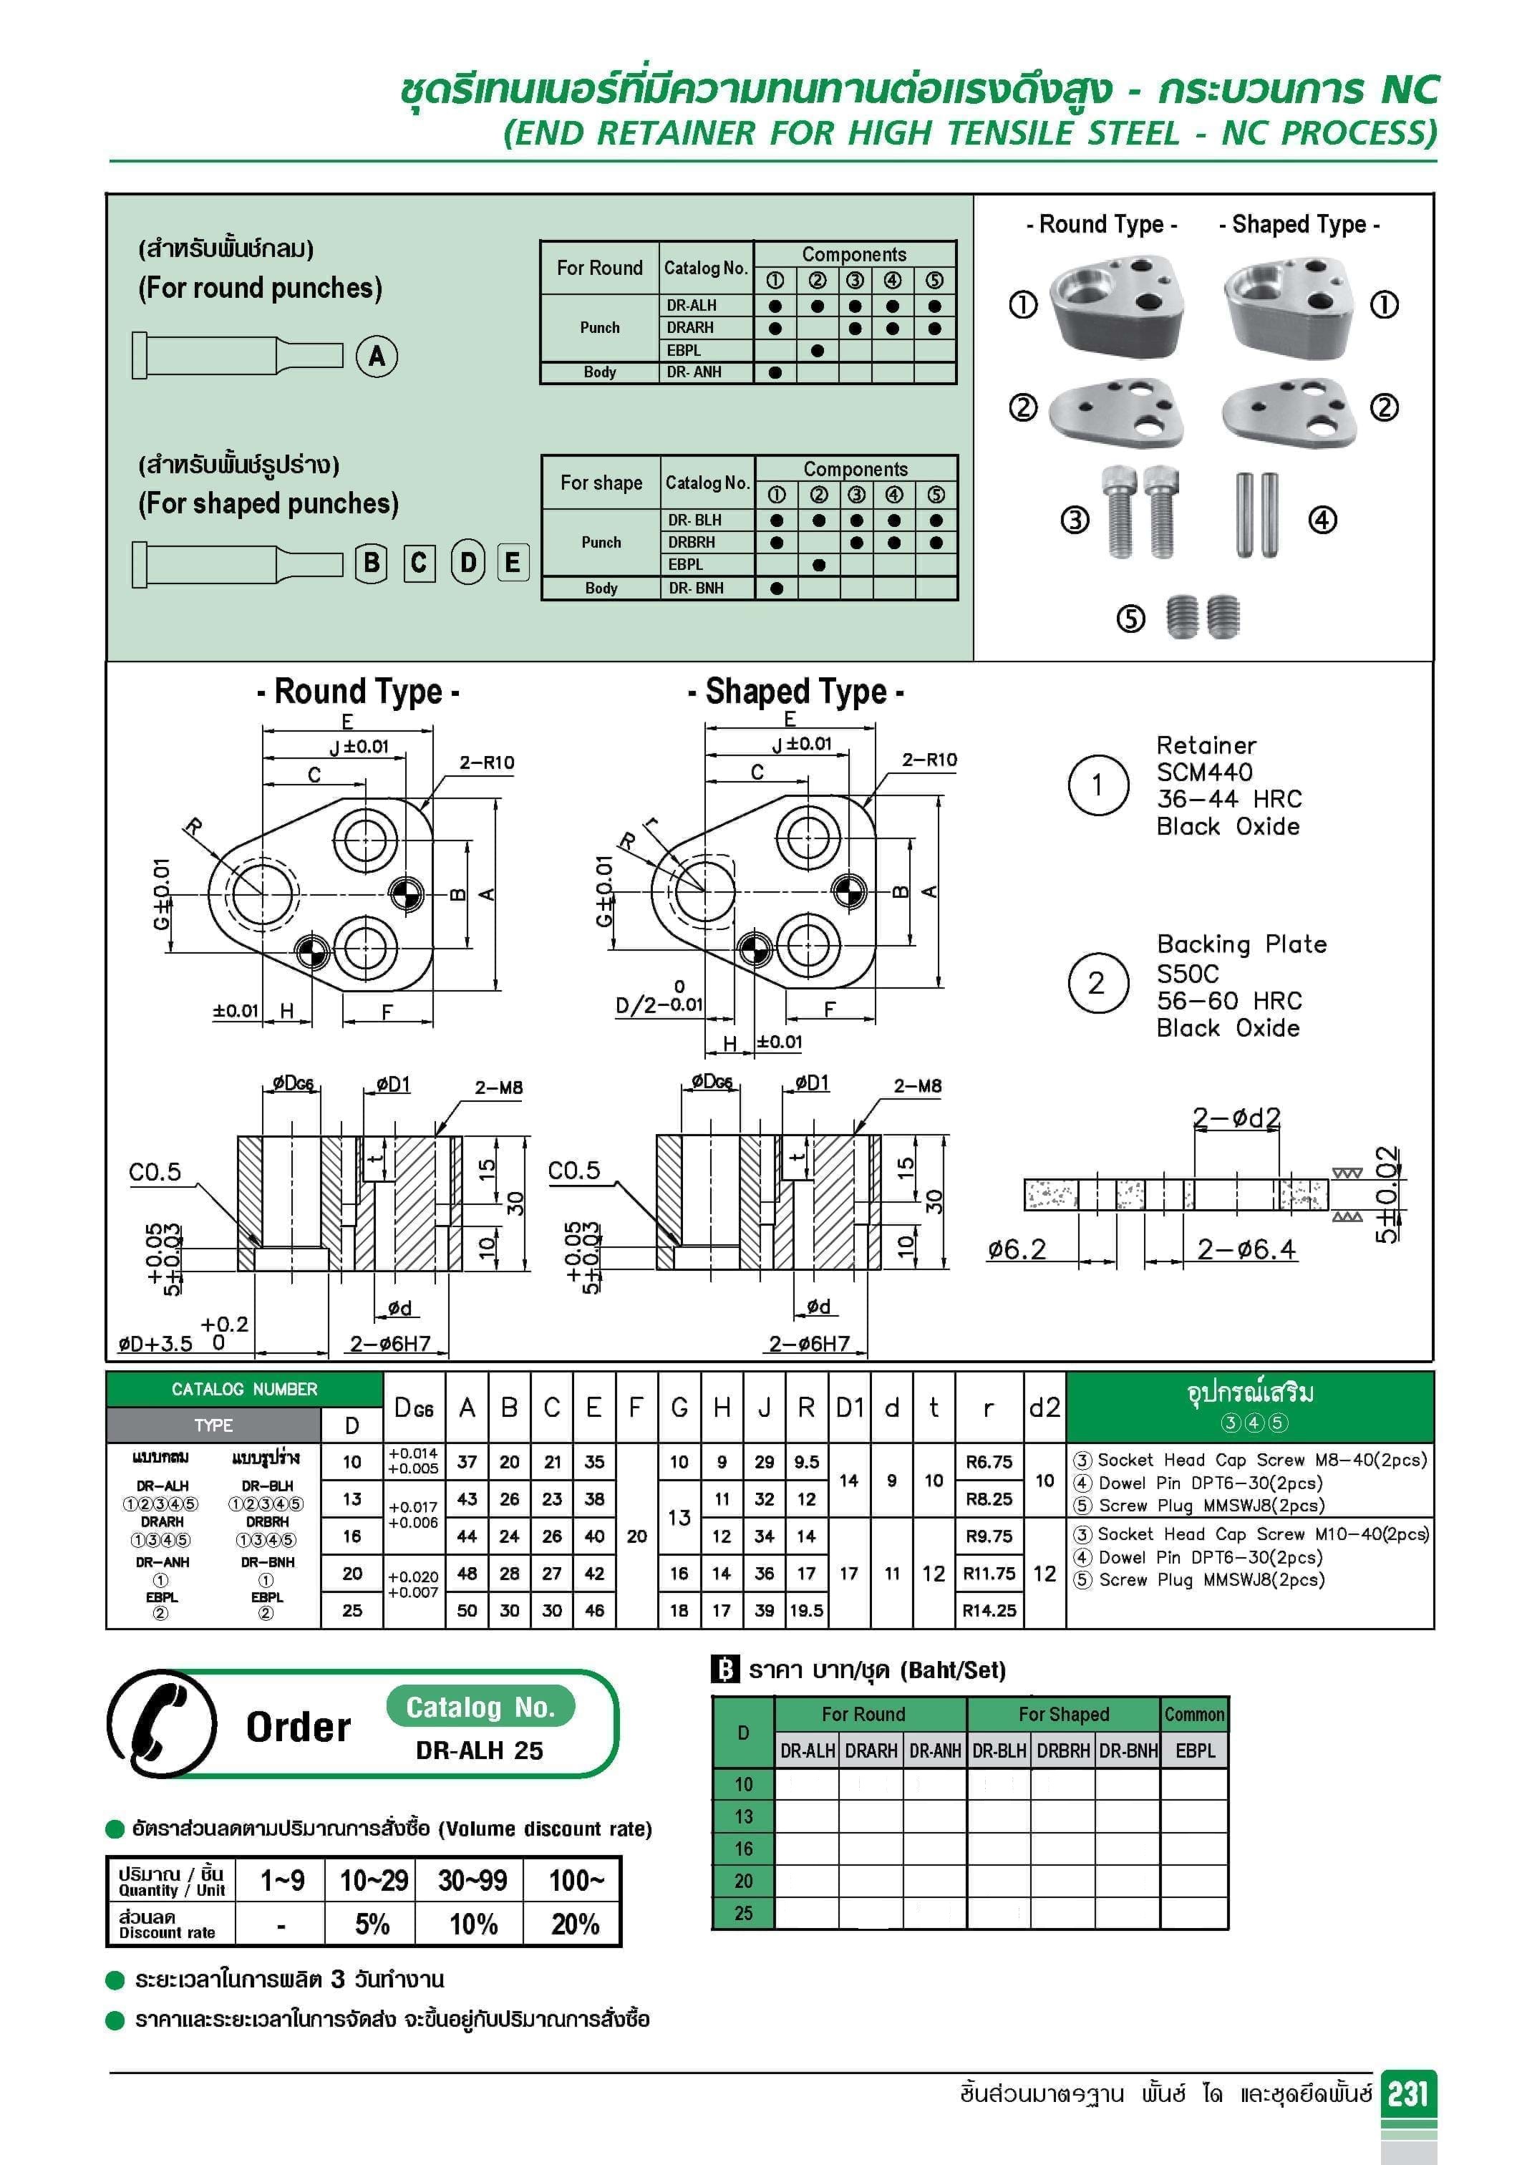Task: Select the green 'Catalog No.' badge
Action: [x=480, y=1708]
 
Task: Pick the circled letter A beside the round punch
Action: [x=377, y=356]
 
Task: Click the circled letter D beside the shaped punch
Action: [x=467, y=563]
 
